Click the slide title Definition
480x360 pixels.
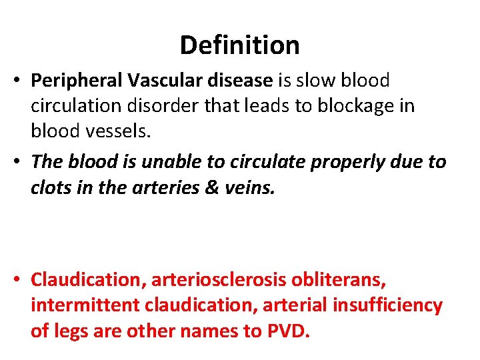(x=239, y=45)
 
